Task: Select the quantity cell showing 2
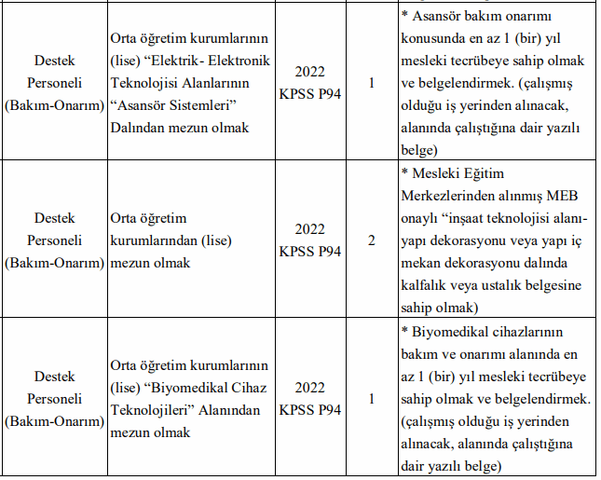click(x=372, y=240)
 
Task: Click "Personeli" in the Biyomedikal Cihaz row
click(x=54, y=399)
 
